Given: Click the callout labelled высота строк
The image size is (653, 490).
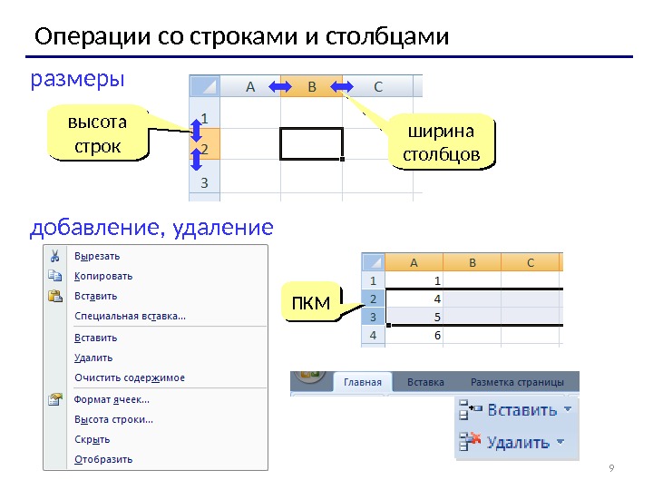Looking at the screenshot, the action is pyautogui.click(x=97, y=133).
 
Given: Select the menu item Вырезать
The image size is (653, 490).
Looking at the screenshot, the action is pyautogui.click(x=96, y=256).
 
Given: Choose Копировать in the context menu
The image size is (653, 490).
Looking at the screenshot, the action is pyautogui.click(x=102, y=276).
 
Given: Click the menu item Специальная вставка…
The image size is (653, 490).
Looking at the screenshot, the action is pyautogui.click(x=130, y=316).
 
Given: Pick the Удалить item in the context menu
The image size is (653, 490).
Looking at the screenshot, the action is pyautogui.click(x=93, y=358).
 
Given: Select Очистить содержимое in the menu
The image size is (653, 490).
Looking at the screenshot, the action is pyautogui.click(x=129, y=377).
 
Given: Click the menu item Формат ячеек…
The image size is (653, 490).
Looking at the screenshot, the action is pyautogui.click(x=112, y=399).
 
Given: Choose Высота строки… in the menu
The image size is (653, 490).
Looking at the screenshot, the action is pyautogui.click(x=113, y=419).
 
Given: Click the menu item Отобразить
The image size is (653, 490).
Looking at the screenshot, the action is pyautogui.click(x=102, y=459).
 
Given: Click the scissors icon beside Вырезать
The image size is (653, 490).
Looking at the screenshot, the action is pyautogui.click(x=54, y=256).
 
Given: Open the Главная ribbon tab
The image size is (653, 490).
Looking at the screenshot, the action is pyautogui.click(x=363, y=382).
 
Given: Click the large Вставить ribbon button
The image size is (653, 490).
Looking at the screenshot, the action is pyautogui.click(x=517, y=410).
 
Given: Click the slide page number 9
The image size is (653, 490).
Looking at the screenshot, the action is pyautogui.click(x=611, y=468).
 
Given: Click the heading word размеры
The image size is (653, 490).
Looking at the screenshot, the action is pyautogui.click(x=77, y=80).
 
